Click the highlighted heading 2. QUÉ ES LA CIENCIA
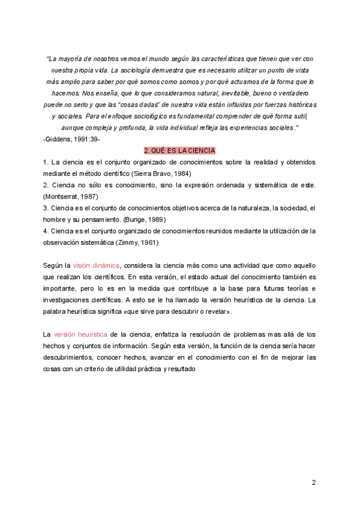point(179,150)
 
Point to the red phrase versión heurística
point(80,334)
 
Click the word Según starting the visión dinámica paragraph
point(52,265)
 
